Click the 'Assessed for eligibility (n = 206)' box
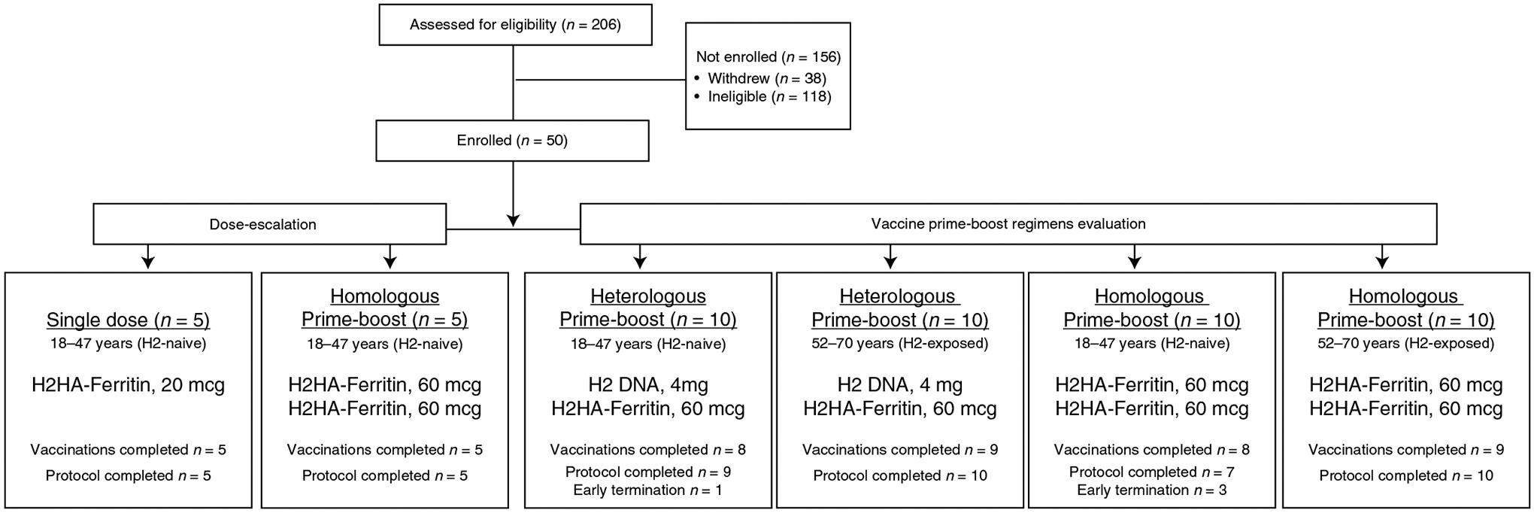click(x=515, y=25)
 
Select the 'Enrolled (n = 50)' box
click(x=512, y=141)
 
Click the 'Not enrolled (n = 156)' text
click(x=768, y=56)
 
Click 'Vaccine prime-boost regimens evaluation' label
click(x=1008, y=223)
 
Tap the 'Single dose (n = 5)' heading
click(x=128, y=320)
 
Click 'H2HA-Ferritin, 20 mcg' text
click(x=128, y=385)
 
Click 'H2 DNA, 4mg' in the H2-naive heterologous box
click(x=647, y=385)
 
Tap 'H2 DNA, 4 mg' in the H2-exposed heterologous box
click(x=899, y=385)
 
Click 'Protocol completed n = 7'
click(x=1151, y=472)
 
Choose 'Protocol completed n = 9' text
click(x=647, y=472)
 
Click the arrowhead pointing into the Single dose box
click(x=148, y=263)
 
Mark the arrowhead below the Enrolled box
click(x=513, y=220)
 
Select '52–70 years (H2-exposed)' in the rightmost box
click(x=1405, y=344)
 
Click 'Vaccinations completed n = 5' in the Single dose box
click(x=128, y=450)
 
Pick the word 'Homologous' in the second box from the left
click(x=384, y=296)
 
